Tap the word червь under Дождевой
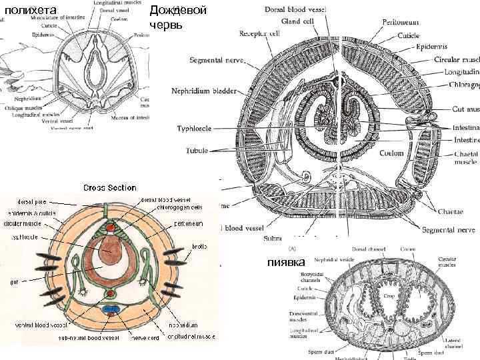(165, 25)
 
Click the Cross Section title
(109, 188)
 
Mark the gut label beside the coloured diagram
(13, 283)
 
